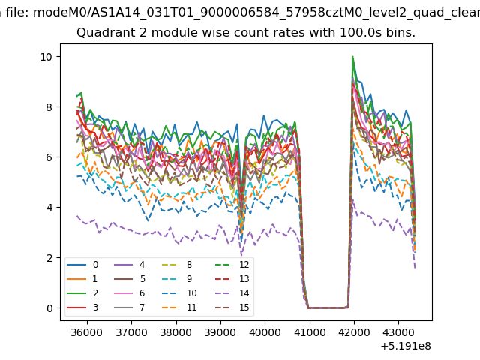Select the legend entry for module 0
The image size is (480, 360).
(82, 265)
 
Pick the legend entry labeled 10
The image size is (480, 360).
(178, 293)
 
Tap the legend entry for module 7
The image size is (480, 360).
(130, 307)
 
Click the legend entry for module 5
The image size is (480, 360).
(130, 279)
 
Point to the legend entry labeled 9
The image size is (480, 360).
(177, 279)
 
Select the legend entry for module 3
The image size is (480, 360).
(82, 307)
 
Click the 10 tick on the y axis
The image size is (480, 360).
(46, 57)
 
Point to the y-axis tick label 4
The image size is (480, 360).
(49, 208)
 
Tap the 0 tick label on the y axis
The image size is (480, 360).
(49, 308)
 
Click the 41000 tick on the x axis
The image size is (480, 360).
(310, 332)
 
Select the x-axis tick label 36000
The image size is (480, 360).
(87, 332)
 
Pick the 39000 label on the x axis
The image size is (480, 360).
(220, 332)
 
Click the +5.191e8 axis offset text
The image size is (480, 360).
(406, 346)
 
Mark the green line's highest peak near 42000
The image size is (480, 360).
(353, 57)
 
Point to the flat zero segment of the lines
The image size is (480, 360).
(328, 307)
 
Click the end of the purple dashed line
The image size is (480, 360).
(415, 268)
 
